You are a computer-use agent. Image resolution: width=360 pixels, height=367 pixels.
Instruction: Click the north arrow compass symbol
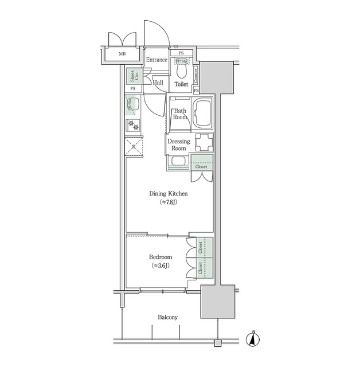tap(252, 339)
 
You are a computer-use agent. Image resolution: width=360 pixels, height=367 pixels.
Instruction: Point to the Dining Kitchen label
tap(169, 194)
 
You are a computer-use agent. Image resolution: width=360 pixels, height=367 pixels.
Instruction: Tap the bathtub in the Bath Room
tap(203, 114)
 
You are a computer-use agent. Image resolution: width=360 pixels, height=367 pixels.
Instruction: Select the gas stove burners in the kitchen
tap(133, 124)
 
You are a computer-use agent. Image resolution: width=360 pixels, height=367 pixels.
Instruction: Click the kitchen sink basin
tap(132, 106)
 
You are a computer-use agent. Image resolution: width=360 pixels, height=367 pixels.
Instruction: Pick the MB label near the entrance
tap(122, 54)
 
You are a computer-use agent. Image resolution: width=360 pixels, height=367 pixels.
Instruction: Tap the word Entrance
tap(156, 60)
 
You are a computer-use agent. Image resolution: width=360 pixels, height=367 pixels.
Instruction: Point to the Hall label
tap(158, 83)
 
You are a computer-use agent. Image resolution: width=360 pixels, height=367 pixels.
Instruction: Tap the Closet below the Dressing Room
tap(203, 163)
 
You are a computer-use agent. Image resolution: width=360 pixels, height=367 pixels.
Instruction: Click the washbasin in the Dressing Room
tap(178, 162)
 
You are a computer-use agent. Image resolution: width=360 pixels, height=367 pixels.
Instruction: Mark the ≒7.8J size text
tap(169, 202)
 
